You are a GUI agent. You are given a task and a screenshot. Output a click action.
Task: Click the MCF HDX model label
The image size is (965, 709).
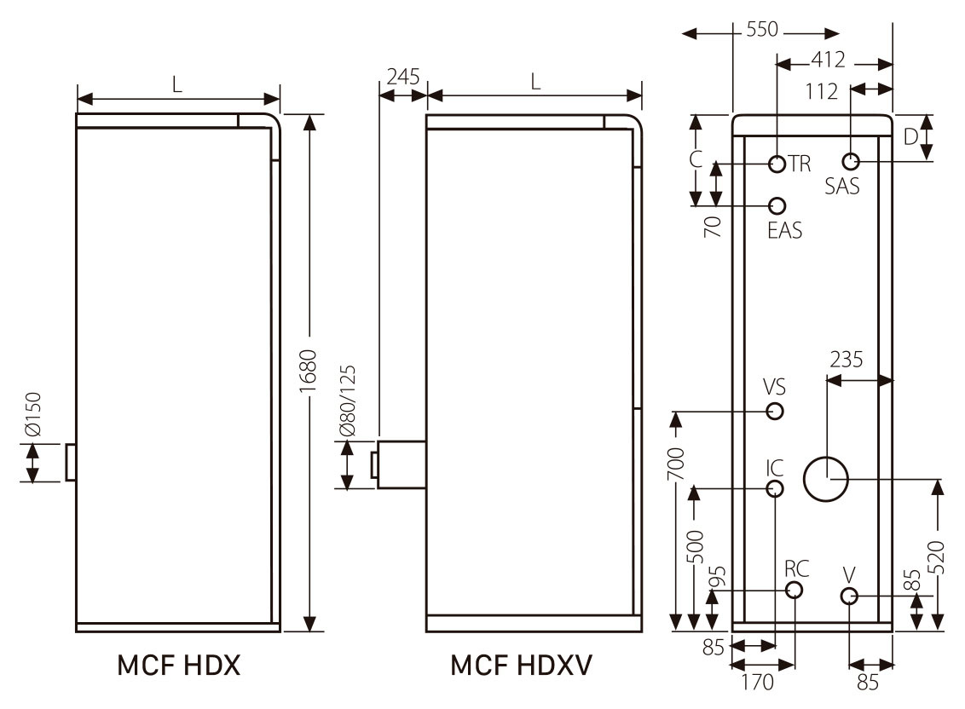coord(178,666)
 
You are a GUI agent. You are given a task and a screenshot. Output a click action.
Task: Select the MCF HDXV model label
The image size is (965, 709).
coord(521,666)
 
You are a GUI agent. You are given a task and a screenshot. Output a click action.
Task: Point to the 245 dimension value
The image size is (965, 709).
coord(402,77)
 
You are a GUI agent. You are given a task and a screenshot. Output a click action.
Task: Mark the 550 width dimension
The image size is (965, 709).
coord(762,30)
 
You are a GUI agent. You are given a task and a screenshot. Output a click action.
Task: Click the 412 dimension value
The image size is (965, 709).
coord(828,60)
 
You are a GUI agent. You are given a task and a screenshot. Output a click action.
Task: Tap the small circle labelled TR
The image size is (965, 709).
coord(777,164)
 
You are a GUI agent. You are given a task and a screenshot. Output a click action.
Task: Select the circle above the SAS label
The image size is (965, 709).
coord(850,161)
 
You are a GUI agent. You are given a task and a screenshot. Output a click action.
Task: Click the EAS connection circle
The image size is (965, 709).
coord(777,205)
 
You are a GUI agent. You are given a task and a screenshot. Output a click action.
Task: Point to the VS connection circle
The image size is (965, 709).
coord(775,412)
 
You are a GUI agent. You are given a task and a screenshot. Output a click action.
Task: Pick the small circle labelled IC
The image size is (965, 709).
coord(775,488)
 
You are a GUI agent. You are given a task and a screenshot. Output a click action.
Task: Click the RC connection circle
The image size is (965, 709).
coord(795,591)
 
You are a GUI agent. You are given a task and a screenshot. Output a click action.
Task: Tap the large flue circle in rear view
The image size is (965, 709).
coord(825,479)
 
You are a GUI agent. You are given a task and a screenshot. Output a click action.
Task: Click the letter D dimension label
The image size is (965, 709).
coord(910,135)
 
